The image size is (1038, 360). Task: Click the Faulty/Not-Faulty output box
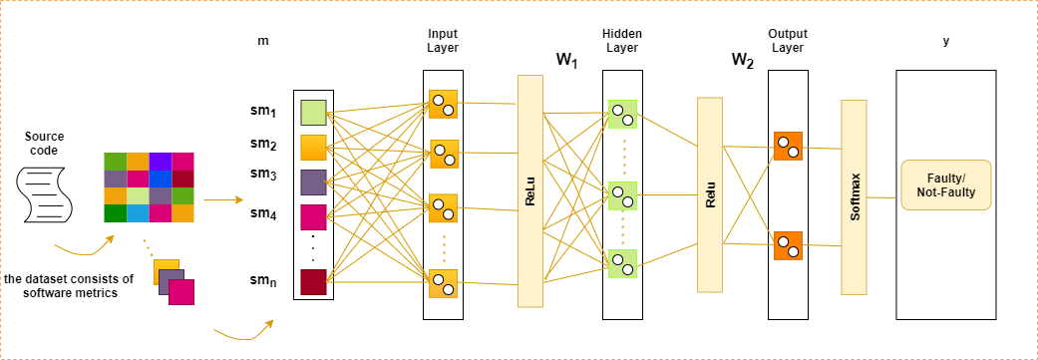pyautogui.click(x=945, y=184)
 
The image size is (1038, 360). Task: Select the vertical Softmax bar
pyautogui.click(x=854, y=196)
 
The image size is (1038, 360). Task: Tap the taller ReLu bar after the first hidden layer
pyautogui.click(x=529, y=191)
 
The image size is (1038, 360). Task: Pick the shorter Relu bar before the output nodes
pyautogui.click(x=709, y=194)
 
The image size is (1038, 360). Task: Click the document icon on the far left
pyautogui.click(x=44, y=194)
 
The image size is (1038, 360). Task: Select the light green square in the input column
pyautogui.click(x=313, y=112)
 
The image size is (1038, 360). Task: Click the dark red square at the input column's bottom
pyautogui.click(x=313, y=281)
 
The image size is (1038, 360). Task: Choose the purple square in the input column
pyautogui.click(x=313, y=181)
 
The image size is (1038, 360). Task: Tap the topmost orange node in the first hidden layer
pyautogui.click(x=443, y=104)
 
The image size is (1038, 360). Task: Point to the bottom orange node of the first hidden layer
pyautogui.click(x=443, y=283)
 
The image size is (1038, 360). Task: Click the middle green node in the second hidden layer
pyautogui.click(x=622, y=194)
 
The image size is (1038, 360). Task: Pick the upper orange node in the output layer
pyautogui.click(x=788, y=147)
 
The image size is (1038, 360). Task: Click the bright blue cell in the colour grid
pyautogui.click(x=161, y=179)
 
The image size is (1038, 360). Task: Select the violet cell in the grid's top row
pyautogui.click(x=161, y=162)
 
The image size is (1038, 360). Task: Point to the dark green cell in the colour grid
pyautogui.click(x=116, y=212)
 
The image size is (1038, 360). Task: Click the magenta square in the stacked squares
pyautogui.click(x=181, y=291)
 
